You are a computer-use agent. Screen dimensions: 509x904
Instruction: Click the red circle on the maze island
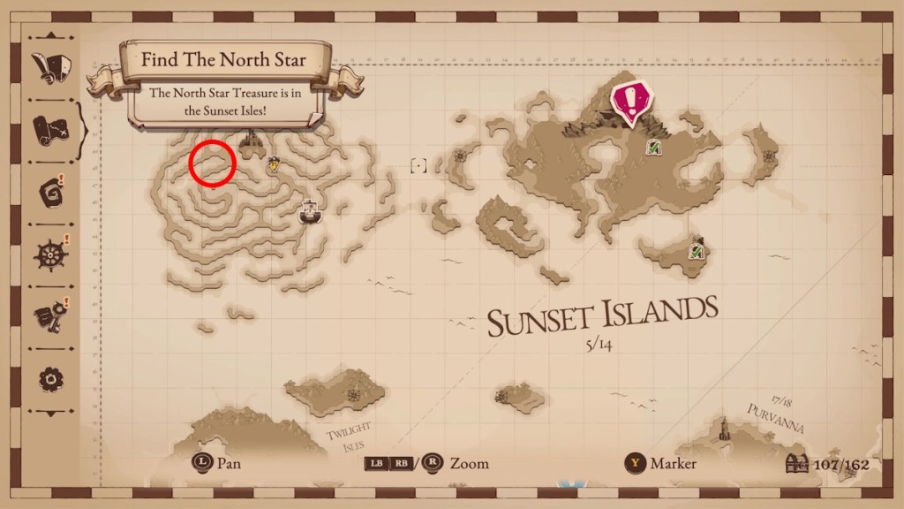212,163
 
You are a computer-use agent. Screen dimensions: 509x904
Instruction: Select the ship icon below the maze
309,211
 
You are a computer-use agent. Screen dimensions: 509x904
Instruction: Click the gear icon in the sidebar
49,379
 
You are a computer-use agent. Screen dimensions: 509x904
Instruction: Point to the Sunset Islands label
602,315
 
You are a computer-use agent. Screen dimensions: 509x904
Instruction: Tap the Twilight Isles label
350,434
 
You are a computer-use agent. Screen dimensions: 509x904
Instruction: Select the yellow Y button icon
634,463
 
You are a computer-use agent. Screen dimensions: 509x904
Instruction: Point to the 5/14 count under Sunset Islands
598,345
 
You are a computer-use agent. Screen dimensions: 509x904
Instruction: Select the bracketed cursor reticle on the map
418,165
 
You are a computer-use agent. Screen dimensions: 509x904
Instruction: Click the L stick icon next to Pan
202,463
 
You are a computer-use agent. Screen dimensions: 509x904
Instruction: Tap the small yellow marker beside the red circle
275,163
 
